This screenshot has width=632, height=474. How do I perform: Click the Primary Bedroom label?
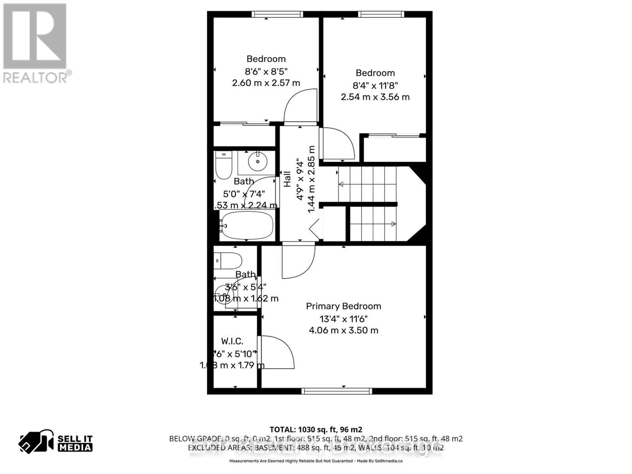pyautogui.click(x=343, y=306)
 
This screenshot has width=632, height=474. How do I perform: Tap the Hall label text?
pyautogui.click(x=287, y=179)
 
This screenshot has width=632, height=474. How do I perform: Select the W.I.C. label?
pyautogui.click(x=232, y=341)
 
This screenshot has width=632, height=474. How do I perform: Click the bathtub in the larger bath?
pyautogui.click(x=246, y=226)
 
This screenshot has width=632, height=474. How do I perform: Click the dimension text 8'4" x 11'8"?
pyautogui.click(x=375, y=85)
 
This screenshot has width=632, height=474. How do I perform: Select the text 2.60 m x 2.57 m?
pyautogui.click(x=266, y=83)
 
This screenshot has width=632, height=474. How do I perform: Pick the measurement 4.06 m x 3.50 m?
pyautogui.click(x=343, y=330)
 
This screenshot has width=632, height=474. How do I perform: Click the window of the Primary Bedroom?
pyautogui.click(x=337, y=391)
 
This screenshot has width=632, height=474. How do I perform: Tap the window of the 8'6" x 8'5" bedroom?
pyautogui.click(x=278, y=14)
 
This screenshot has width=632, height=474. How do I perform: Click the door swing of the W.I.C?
pyautogui.click(x=276, y=352)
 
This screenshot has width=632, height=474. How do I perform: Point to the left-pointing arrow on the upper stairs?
pyautogui.click(x=341, y=184)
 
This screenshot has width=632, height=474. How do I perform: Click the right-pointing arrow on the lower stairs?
pyautogui.click(x=393, y=224)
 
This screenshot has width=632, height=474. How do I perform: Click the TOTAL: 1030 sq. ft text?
pyautogui.click(x=316, y=429)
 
